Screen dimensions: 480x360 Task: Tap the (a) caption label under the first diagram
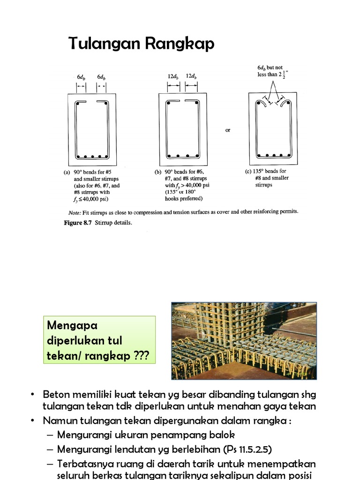67,172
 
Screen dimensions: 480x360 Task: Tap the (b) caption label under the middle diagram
158,172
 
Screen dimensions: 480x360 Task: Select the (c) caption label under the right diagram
248,171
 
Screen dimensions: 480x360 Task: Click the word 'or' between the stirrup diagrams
228,130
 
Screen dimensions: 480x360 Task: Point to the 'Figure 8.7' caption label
78,223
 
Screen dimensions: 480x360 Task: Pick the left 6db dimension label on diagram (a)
81,76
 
